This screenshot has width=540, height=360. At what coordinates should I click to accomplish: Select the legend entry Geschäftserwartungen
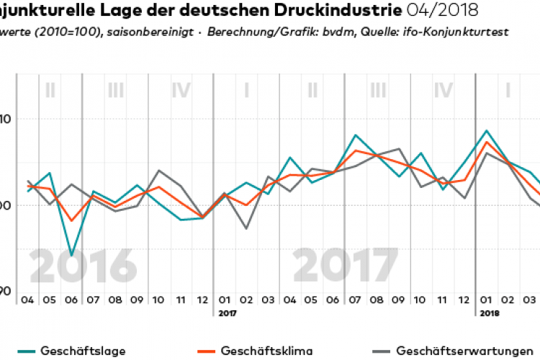[x=459, y=351]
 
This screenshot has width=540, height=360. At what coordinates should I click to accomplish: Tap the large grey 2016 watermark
[x=84, y=267]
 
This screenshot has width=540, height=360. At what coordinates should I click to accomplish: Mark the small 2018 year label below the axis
[x=488, y=313]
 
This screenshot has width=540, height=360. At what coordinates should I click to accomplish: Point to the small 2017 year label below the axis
[x=225, y=313]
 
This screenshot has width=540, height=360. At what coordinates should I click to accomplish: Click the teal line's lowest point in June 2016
[x=71, y=256]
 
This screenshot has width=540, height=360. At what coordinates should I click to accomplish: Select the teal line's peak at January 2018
[x=487, y=131]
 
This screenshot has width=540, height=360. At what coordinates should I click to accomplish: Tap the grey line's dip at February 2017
[x=246, y=228]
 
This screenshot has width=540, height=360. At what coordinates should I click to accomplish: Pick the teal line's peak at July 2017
[x=356, y=135]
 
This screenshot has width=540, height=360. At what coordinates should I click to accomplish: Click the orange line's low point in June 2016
[x=71, y=221]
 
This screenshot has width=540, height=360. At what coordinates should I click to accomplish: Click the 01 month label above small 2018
[x=486, y=300]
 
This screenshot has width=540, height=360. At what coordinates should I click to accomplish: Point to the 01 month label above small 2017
[x=224, y=300]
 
